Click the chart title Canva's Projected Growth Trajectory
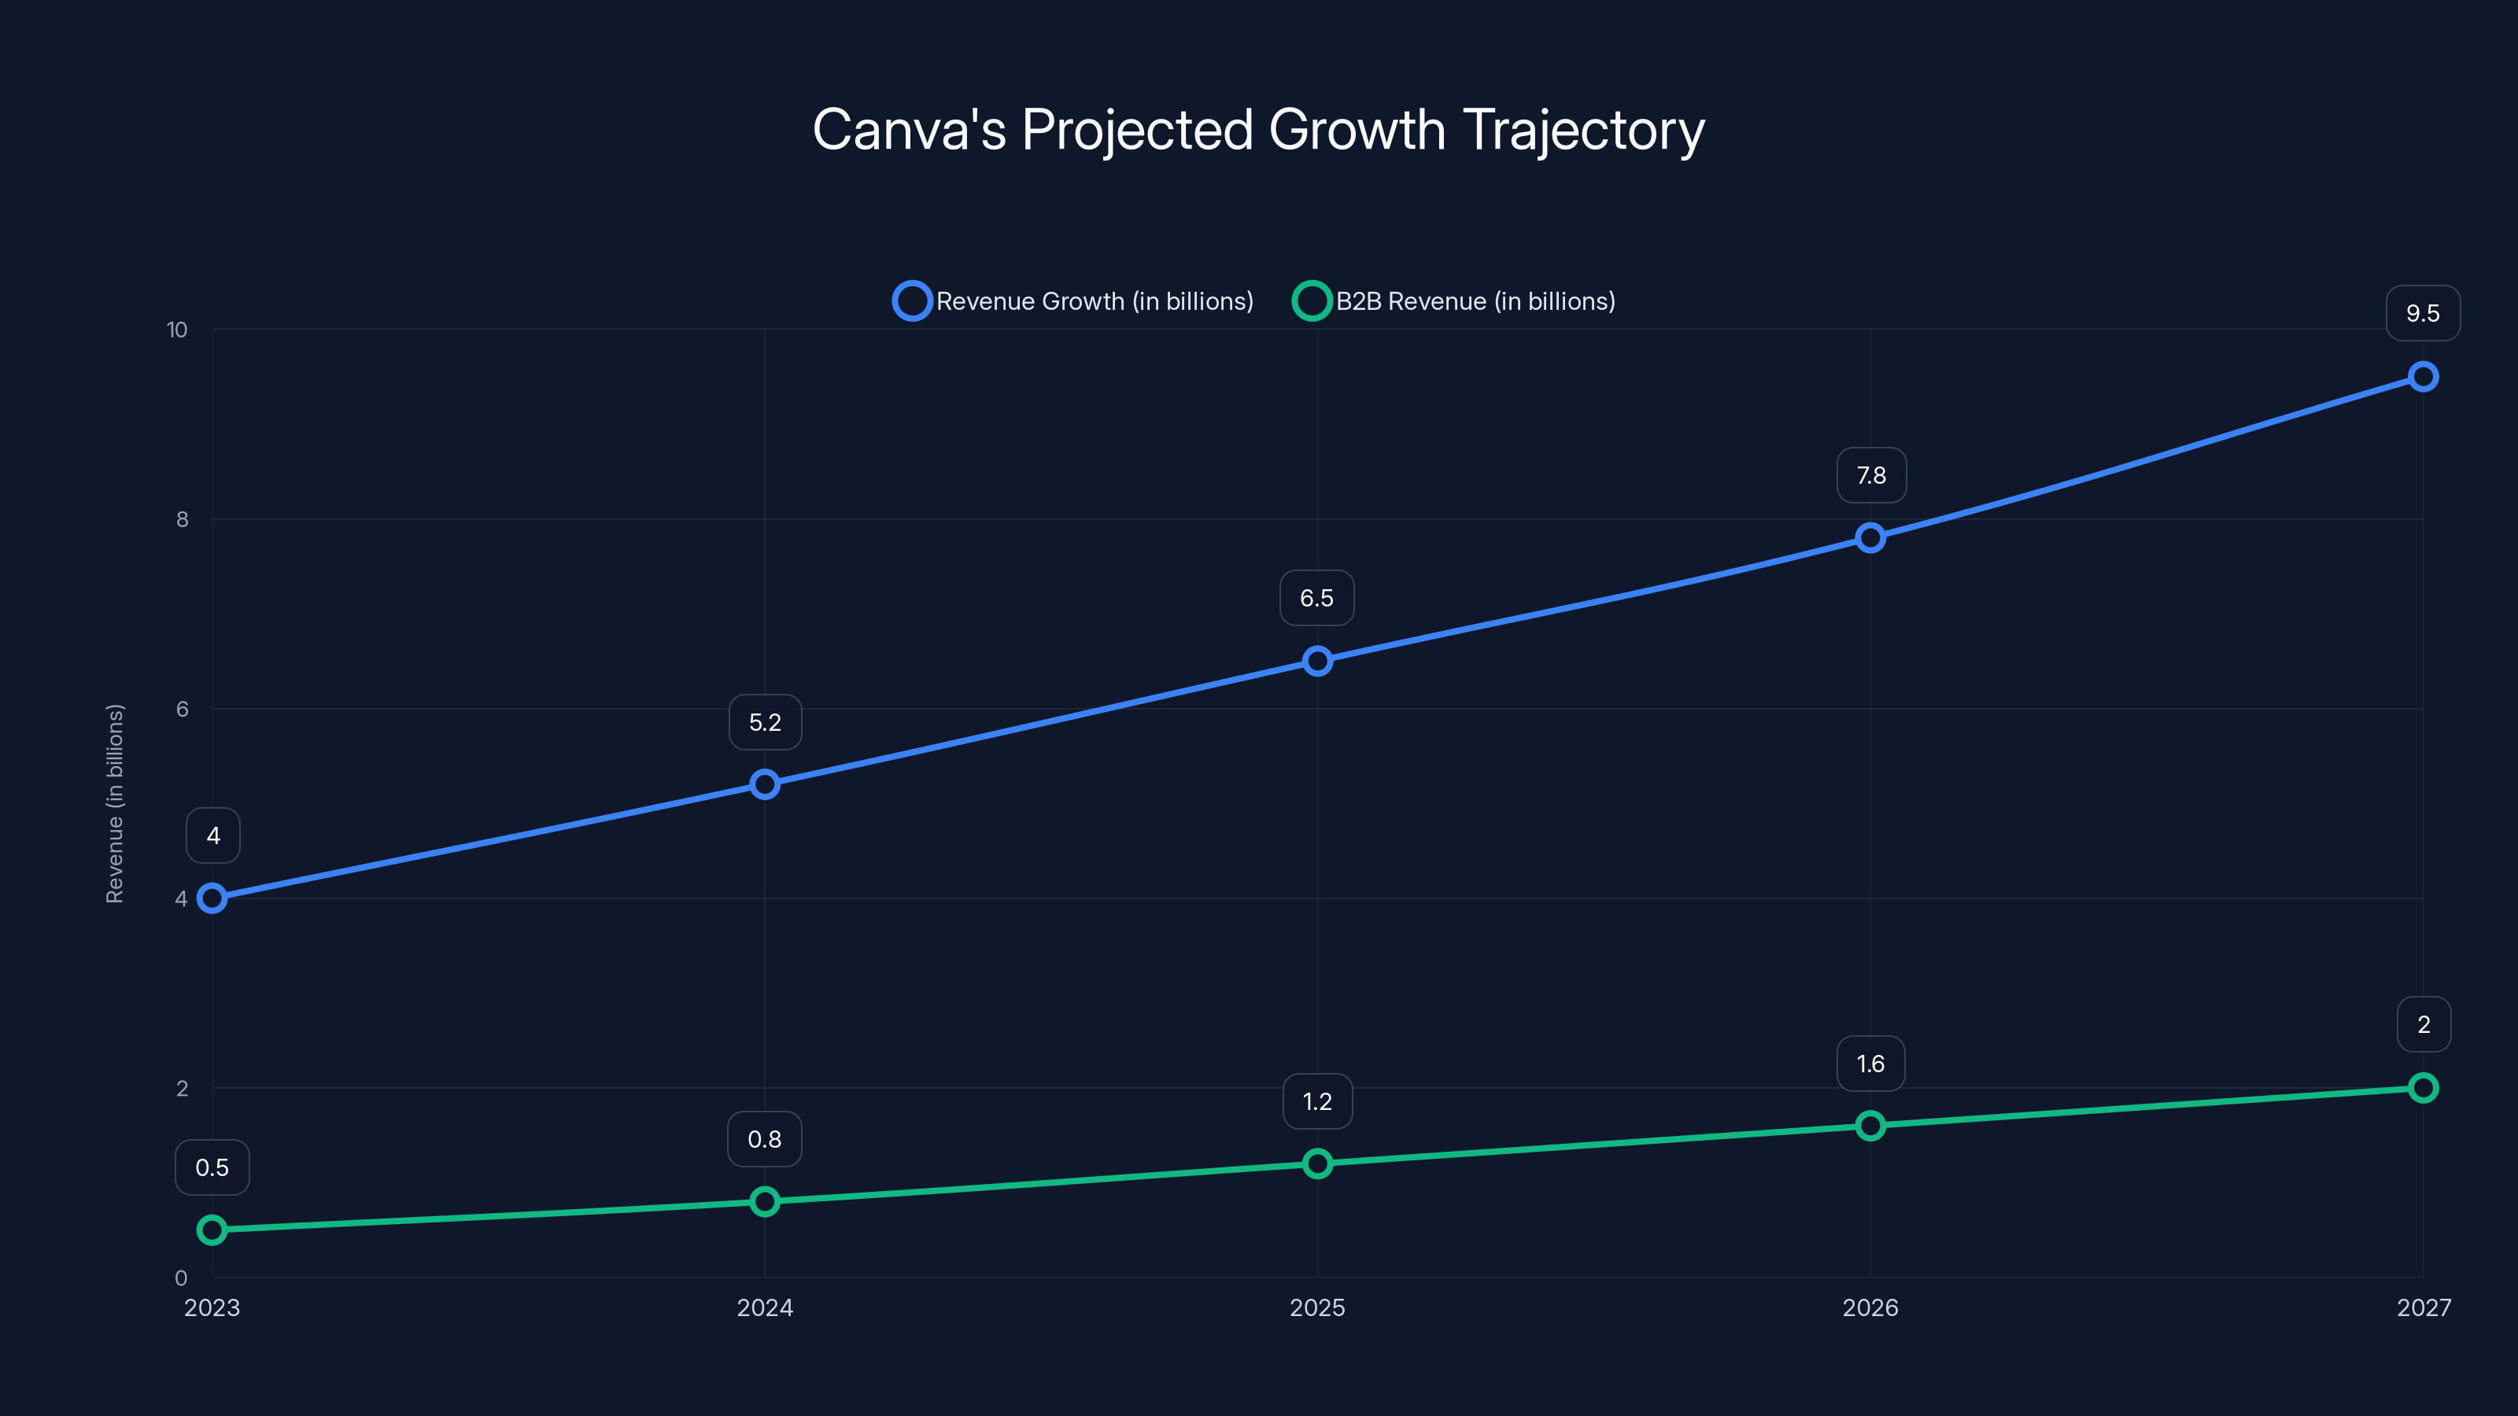tap(1258, 130)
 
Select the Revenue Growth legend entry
tap(1074, 301)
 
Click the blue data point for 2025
tap(1318, 662)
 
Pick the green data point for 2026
tap(1870, 1126)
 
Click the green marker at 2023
tap(212, 1230)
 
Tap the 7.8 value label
tap(1871, 476)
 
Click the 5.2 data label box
tap(766, 722)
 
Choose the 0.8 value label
tap(764, 1139)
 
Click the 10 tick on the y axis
tap(177, 330)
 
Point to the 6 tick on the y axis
tap(182, 710)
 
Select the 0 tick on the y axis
tap(181, 1278)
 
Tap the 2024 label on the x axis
tap(764, 1307)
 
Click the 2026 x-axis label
tap(1870, 1307)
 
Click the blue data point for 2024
tap(764, 785)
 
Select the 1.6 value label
tap(1870, 1064)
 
